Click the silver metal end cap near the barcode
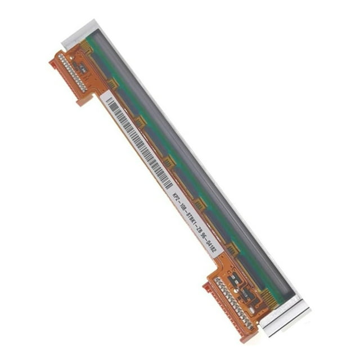coord(79,34)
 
